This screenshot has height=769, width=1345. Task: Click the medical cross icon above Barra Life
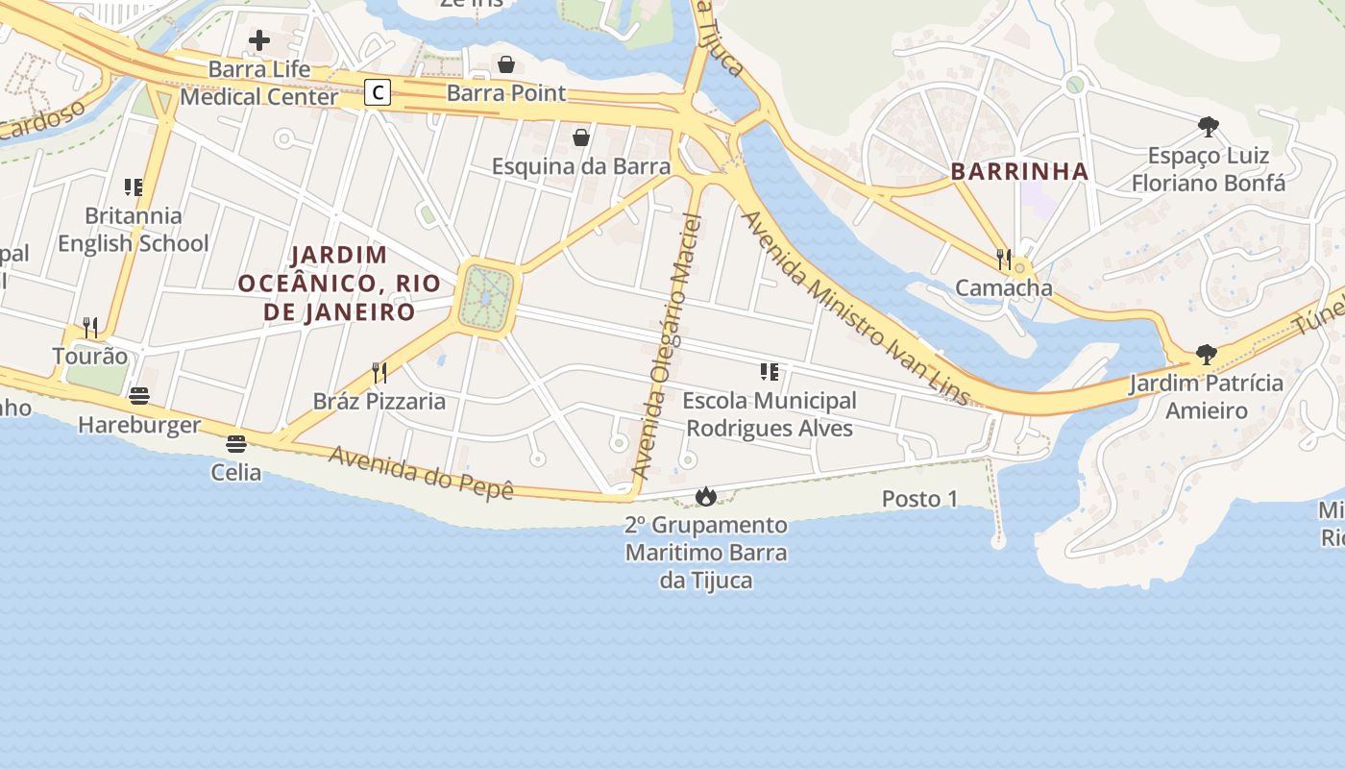click(259, 40)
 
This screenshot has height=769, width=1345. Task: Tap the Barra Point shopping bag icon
click(506, 64)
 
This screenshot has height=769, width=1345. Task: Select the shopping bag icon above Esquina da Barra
click(581, 137)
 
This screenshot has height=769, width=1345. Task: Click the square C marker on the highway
click(379, 92)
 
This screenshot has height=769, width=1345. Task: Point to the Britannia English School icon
click(133, 187)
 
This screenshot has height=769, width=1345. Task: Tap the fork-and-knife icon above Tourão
click(90, 327)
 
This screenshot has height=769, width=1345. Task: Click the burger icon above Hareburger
click(139, 396)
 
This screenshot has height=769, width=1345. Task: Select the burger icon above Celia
click(236, 443)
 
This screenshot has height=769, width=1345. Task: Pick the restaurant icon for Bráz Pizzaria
click(379, 372)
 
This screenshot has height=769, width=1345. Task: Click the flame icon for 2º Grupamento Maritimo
click(706, 496)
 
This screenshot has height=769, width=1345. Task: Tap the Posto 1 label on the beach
click(919, 499)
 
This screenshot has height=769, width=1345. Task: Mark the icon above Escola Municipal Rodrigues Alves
click(769, 371)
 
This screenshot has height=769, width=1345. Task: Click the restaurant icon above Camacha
click(1004, 259)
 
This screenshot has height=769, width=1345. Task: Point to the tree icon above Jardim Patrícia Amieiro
click(1207, 355)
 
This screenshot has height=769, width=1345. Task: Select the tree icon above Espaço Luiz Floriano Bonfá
click(1209, 127)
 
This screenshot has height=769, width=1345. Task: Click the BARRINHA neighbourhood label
click(1019, 172)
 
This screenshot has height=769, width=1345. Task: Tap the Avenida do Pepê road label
click(421, 472)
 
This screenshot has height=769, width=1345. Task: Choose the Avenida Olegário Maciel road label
click(669, 346)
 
